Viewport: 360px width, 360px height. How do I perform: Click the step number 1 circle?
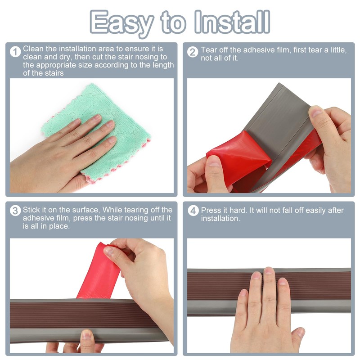[x=16, y=52]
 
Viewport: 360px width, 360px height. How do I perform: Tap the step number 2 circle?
[x=193, y=52]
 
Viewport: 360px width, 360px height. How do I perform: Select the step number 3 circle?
[x=16, y=211]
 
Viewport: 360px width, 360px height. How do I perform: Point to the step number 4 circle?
[x=193, y=211]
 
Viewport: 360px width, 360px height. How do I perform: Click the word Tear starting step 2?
[x=209, y=50]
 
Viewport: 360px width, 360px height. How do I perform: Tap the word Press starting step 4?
[x=211, y=210]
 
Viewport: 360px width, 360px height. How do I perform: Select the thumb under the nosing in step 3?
[x=87, y=337]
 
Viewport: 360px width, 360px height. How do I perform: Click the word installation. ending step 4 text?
[x=220, y=218]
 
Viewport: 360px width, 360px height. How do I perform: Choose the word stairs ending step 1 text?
[x=54, y=73]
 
